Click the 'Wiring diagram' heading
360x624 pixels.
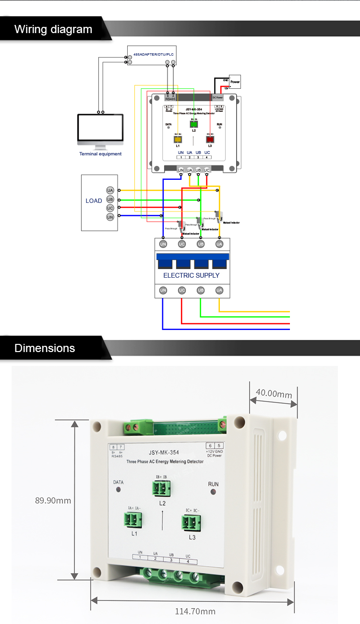click(x=53, y=29)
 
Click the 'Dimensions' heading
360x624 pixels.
click(x=45, y=348)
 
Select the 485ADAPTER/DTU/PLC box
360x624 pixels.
click(x=151, y=56)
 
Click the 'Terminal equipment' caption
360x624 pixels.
click(x=100, y=154)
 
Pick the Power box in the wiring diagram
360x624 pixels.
click(x=234, y=82)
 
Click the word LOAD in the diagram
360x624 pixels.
click(x=94, y=200)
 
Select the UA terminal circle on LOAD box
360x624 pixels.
click(x=110, y=190)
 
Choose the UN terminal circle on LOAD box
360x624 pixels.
click(x=110, y=217)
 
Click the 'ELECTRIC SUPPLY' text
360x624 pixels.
click(x=191, y=275)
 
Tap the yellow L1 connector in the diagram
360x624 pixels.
click(x=177, y=140)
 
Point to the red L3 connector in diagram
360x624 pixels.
click(x=210, y=140)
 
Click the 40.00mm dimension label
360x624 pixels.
click(x=274, y=394)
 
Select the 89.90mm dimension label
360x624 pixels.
click(x=53, y=500)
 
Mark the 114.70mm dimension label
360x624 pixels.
click(x=194, y=611)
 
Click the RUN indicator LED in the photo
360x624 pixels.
click(x=214, y=492)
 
